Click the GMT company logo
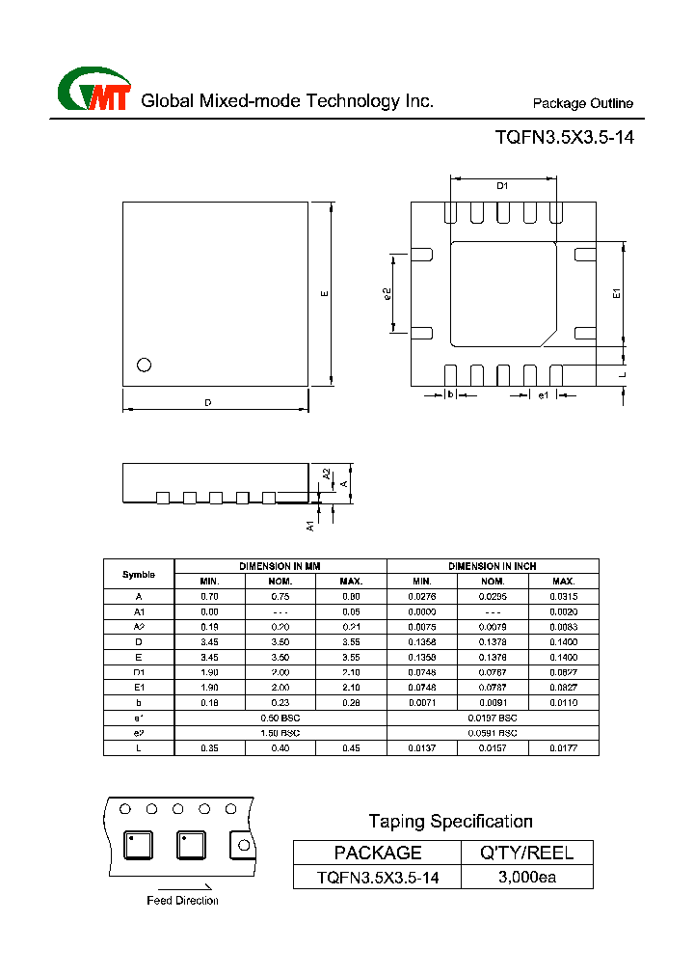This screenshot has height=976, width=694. coord(93,92)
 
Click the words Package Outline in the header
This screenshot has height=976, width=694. coord(583,104)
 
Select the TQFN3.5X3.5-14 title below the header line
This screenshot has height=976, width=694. coord(564,138)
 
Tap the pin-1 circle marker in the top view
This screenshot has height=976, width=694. coord(145,365)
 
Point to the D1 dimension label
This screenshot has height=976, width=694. coord(502,186)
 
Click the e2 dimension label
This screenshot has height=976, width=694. coord(387,294)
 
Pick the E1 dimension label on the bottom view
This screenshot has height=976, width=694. coord(617,294)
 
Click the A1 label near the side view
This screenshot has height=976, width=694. coord(310,525)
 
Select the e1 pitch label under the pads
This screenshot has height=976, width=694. coord(543,395)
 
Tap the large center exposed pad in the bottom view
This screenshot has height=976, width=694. coord(503,293)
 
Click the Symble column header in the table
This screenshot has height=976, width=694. coord(139,574)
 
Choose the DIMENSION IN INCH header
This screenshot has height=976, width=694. coord(493,566)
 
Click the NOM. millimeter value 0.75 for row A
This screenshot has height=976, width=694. coord(280,597)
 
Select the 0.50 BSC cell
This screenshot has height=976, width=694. coord(280,718)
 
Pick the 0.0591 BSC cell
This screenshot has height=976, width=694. coord(493,733)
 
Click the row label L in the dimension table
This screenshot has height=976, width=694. coord(139,748)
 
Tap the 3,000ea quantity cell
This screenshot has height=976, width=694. coord(527,877)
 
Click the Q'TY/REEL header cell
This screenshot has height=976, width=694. coord(527,853)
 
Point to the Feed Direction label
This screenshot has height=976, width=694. coord(182,900)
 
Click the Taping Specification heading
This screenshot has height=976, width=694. coord(450,822)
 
